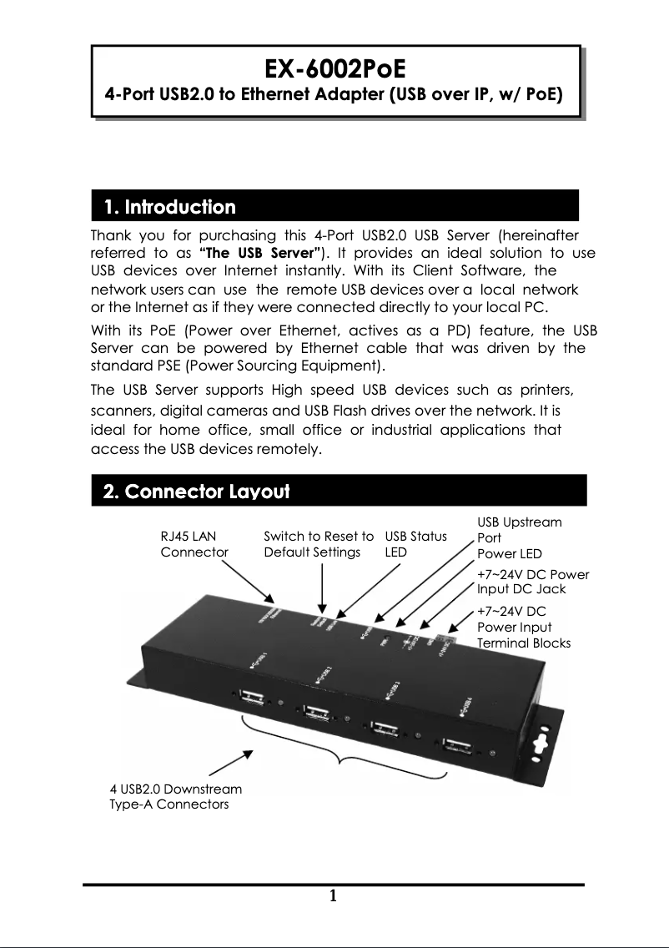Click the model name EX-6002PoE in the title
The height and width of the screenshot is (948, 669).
335,67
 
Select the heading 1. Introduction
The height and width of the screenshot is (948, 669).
169,206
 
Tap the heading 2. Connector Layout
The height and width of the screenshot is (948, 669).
196,491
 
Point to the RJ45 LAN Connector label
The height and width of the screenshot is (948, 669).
194,544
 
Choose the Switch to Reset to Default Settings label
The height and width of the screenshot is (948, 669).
318,544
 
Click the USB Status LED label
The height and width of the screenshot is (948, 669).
415,544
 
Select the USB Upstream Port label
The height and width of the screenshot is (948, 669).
519,530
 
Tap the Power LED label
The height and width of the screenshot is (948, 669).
509,554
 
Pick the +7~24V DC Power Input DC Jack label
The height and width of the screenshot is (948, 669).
532,582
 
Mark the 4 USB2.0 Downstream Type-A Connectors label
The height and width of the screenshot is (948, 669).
176,796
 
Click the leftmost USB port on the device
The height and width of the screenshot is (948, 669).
251,698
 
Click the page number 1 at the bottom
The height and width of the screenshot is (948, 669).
334,897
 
